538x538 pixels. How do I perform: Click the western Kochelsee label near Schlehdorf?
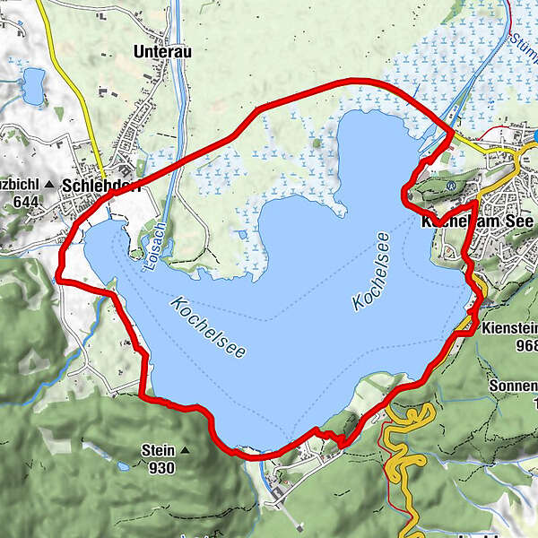coord(206,328)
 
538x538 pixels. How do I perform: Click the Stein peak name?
coord(158,450)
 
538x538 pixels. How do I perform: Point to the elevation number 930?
coord(162,467)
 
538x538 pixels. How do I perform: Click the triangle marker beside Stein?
coord(185,450)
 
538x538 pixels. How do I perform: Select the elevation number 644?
coord(25,202)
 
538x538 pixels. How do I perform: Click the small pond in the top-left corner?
coord(33,86)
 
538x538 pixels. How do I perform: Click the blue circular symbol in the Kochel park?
coord(451,187)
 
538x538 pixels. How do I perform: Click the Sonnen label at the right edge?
coord(514,386)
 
